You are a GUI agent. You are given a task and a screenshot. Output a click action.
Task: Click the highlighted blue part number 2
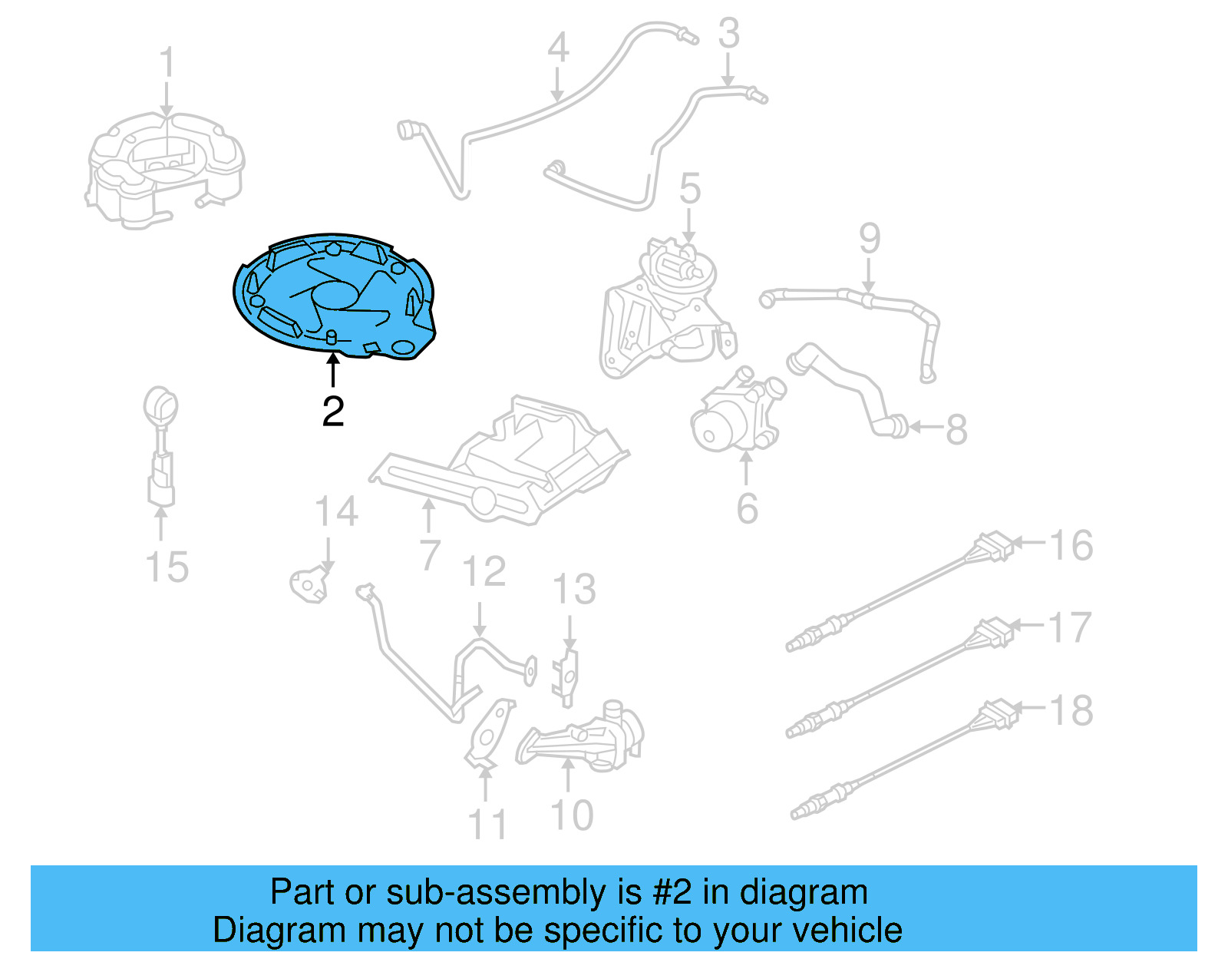tap(334, 296)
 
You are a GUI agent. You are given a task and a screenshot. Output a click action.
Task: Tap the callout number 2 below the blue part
tap(333, 412)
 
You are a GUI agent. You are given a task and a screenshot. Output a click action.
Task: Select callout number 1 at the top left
tap(167, 63)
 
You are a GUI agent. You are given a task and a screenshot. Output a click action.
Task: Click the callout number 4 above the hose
tap(558, 48)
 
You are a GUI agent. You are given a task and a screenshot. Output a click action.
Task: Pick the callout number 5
tap(690, 189)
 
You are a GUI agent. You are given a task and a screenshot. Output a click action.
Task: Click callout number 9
tap(869, 239)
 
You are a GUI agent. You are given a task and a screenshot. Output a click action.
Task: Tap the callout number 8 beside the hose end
tap(956, 429)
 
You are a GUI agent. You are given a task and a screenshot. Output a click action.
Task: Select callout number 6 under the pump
tap(747, 508)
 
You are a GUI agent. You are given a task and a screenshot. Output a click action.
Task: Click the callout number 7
tap(430, 554)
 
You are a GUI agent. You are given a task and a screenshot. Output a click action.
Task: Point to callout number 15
tap(167, 567)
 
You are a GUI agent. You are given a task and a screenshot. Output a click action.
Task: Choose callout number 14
tap(336, 512)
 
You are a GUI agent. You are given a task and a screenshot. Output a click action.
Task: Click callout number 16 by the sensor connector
tap(1071, 546)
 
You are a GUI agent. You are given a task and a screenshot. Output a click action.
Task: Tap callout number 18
tap(1071, 710)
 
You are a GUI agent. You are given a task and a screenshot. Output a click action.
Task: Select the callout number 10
tap(573, 815)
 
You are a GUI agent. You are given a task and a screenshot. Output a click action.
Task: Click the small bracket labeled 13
tap(566, 676)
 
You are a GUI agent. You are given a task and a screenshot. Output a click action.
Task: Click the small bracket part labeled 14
tap(309, 584)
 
